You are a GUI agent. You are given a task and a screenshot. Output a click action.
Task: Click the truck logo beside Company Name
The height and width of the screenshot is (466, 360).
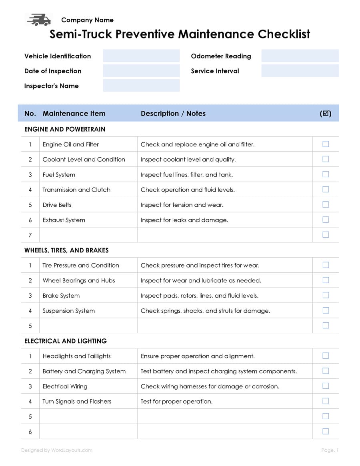point(39,20)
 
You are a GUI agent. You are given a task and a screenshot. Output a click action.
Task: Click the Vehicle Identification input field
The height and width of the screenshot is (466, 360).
point(141,56)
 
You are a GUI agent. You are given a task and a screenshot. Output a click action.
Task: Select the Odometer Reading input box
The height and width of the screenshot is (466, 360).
point(300,56)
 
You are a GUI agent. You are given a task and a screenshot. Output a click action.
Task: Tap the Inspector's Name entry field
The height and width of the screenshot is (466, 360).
point(141,86)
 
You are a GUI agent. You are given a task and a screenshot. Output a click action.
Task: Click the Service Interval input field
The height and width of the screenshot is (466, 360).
point(300,71)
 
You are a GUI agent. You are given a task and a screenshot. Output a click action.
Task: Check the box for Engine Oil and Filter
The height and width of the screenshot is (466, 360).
point(326,144)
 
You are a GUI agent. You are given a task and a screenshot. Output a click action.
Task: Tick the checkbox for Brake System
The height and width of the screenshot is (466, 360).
point(326,295)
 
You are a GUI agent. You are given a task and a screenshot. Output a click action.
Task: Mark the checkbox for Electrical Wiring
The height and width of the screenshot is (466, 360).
point(326,386)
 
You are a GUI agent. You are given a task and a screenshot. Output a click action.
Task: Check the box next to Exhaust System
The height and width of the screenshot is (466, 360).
point(326,220)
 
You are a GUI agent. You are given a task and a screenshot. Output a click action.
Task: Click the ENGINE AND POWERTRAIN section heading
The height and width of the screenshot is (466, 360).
point(65,129)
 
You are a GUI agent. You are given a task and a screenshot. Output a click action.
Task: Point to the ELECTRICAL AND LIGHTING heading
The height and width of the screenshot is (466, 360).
point(66,341)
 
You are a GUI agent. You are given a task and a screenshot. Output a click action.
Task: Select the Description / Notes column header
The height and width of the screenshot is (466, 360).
point(173,113)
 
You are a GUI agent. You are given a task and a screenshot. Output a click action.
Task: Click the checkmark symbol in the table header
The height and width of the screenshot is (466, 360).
point(326,113)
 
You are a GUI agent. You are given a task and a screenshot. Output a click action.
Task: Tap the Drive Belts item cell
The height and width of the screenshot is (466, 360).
point(57,205)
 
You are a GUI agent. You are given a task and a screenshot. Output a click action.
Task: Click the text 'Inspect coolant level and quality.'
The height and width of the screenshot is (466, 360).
point(188,159)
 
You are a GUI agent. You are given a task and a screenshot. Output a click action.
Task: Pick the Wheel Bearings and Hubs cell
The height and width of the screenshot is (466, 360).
point(79,280)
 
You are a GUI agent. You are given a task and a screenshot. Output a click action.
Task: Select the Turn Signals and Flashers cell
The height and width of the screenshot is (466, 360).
point(77,401)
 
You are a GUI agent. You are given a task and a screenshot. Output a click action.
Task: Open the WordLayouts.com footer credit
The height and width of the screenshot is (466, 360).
point(57,450)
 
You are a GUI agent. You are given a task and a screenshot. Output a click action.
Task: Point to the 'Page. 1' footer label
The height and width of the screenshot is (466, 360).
point(330,450)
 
